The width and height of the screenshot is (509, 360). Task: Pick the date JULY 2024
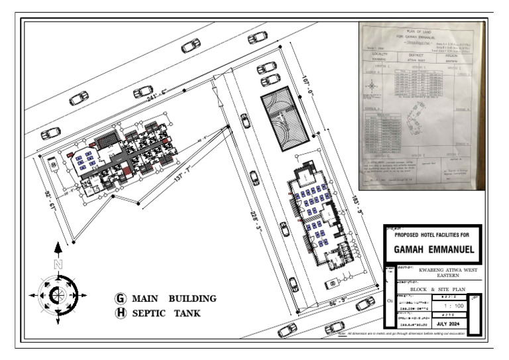(452, 324)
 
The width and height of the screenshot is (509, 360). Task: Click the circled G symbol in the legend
(121, 298)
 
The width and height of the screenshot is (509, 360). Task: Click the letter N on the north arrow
(58, 264)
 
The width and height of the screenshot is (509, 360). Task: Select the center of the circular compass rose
(58, 294)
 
